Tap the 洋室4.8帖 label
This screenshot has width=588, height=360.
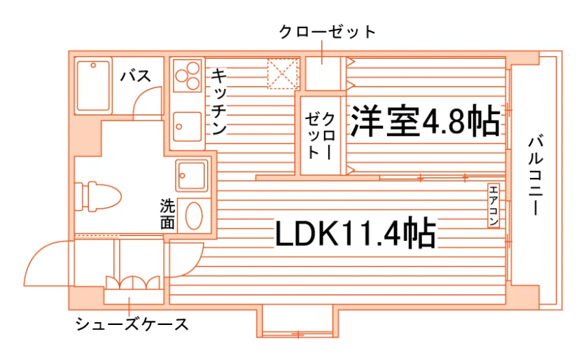[x=426, y=121]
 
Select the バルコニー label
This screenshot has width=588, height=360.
[x=535, y=176]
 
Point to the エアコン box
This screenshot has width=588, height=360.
[x=493, y=205]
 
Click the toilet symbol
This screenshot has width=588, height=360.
[x=98, y=197]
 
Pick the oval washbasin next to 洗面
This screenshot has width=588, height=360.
[x=194, y=216]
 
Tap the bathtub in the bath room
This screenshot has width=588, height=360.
[x=93, y=85]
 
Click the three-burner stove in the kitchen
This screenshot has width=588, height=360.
[x=188, y=76]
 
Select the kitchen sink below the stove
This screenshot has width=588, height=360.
[x=187, y=127]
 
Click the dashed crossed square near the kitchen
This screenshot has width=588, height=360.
[x=283, y=74]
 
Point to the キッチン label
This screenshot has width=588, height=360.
[x=219, y=102]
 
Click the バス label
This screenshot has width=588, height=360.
[x=136, y=76]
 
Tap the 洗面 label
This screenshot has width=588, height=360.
[x=167, y=214]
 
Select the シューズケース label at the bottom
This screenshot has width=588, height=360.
[x=132, y=324]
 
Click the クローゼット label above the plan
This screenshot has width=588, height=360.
[x=327, y=32]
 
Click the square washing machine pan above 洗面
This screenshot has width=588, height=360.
[x=192, y=175]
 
